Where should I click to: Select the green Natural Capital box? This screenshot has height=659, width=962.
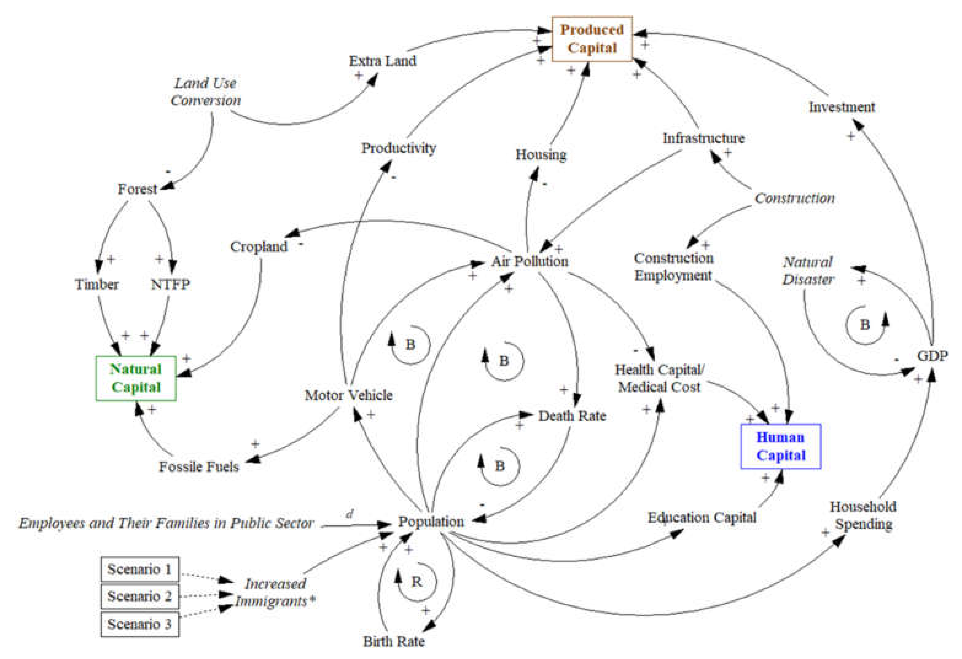click(x=136, y=378)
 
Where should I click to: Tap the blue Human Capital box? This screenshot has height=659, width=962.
click(x=780, y=446)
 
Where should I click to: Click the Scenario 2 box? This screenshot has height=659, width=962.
click(x=139, y=596)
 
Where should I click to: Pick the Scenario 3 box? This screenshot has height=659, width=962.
click(x=139, y=624)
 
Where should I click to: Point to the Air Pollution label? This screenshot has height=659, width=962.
click(x=530, y=261)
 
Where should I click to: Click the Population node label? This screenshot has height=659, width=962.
click(x=431, y=522)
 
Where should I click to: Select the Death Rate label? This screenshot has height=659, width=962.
click(x=572, y=416)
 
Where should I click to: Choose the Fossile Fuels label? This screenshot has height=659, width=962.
click(x=199, y=467)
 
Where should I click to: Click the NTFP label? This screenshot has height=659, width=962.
click(x=170, y=285)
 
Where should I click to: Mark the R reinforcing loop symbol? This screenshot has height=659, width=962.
click(x=416, y=582)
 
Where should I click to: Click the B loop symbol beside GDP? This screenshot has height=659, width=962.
click(x=865, y=325)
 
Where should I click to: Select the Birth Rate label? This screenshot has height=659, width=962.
click(x=394, y=641)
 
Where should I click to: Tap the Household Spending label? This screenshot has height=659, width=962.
click(x=863, y=515)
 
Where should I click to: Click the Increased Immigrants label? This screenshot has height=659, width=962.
click(x=275, y=592)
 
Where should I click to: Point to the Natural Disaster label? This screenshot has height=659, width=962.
click(x=807, y=270)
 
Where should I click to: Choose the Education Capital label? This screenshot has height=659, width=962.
click(x=702, y=517)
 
